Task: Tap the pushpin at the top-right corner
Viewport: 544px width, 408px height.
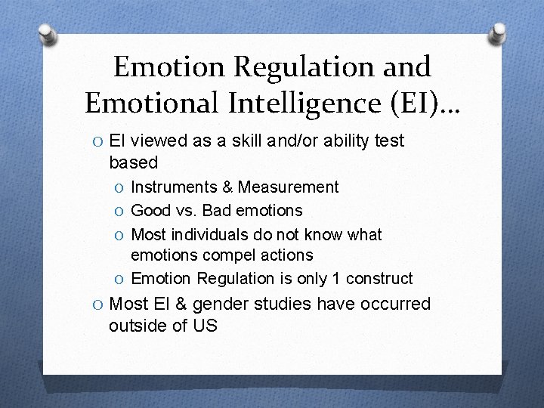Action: [499, 32]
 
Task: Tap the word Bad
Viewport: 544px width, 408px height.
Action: [221, 210]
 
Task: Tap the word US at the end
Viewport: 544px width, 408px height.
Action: [205, 326]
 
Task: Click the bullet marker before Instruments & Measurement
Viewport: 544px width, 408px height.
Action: [119, 187]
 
